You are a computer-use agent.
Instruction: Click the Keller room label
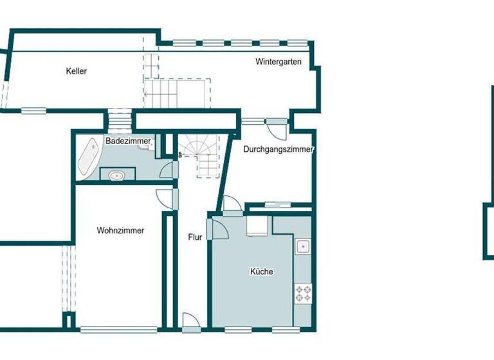point(76,71)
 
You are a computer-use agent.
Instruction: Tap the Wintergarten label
point(278,62)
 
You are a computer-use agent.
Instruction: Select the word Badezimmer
point(128,140)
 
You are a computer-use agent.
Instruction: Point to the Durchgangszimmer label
point(278,149)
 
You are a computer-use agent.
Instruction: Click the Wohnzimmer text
point(120,230)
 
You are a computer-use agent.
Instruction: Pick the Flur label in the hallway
point(195,237)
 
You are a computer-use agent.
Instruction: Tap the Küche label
point(261,271)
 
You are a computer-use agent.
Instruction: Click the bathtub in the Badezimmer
point(88,158)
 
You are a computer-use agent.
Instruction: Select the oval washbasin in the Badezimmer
point(117,174)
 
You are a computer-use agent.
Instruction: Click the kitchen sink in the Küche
point(302,246)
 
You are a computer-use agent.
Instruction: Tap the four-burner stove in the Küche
point(303,293)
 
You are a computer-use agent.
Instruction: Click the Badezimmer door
point(167,169)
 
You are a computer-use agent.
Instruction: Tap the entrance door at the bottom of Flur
point(190,321)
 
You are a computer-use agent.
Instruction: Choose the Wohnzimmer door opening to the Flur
point(165,199)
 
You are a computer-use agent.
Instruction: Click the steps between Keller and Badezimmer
point(119,120)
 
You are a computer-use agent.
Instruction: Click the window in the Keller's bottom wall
point(33,111)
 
